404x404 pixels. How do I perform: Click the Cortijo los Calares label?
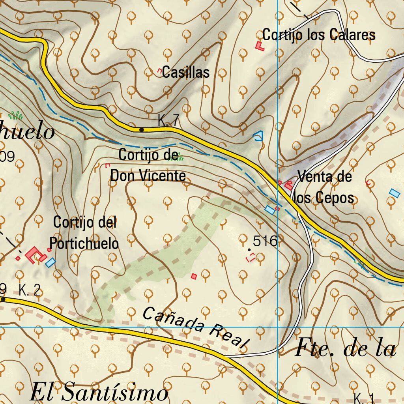pos(318,35)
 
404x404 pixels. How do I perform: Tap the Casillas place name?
pos(185,72)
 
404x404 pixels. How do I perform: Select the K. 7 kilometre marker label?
pos(168,120)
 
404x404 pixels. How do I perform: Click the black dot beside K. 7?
pos(141,129)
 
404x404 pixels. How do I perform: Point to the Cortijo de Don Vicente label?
pos(148,165)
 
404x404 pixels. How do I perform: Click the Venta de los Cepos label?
pos(324,187)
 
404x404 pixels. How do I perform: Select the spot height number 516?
pos(266,241)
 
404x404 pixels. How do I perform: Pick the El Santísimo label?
pos(99,393)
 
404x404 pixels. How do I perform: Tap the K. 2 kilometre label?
pos(30,291)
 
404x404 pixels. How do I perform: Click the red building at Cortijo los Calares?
pos(259,46)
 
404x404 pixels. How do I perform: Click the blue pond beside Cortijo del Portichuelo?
pos(50,262)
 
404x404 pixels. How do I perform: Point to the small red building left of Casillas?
pos(160,71)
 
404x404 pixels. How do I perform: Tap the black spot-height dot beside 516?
pos(249,250)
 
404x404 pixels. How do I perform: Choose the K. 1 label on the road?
pos(364,398)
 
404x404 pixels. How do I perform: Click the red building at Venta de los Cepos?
pos(288,184)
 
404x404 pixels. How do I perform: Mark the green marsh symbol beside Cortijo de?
pos(179,157)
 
